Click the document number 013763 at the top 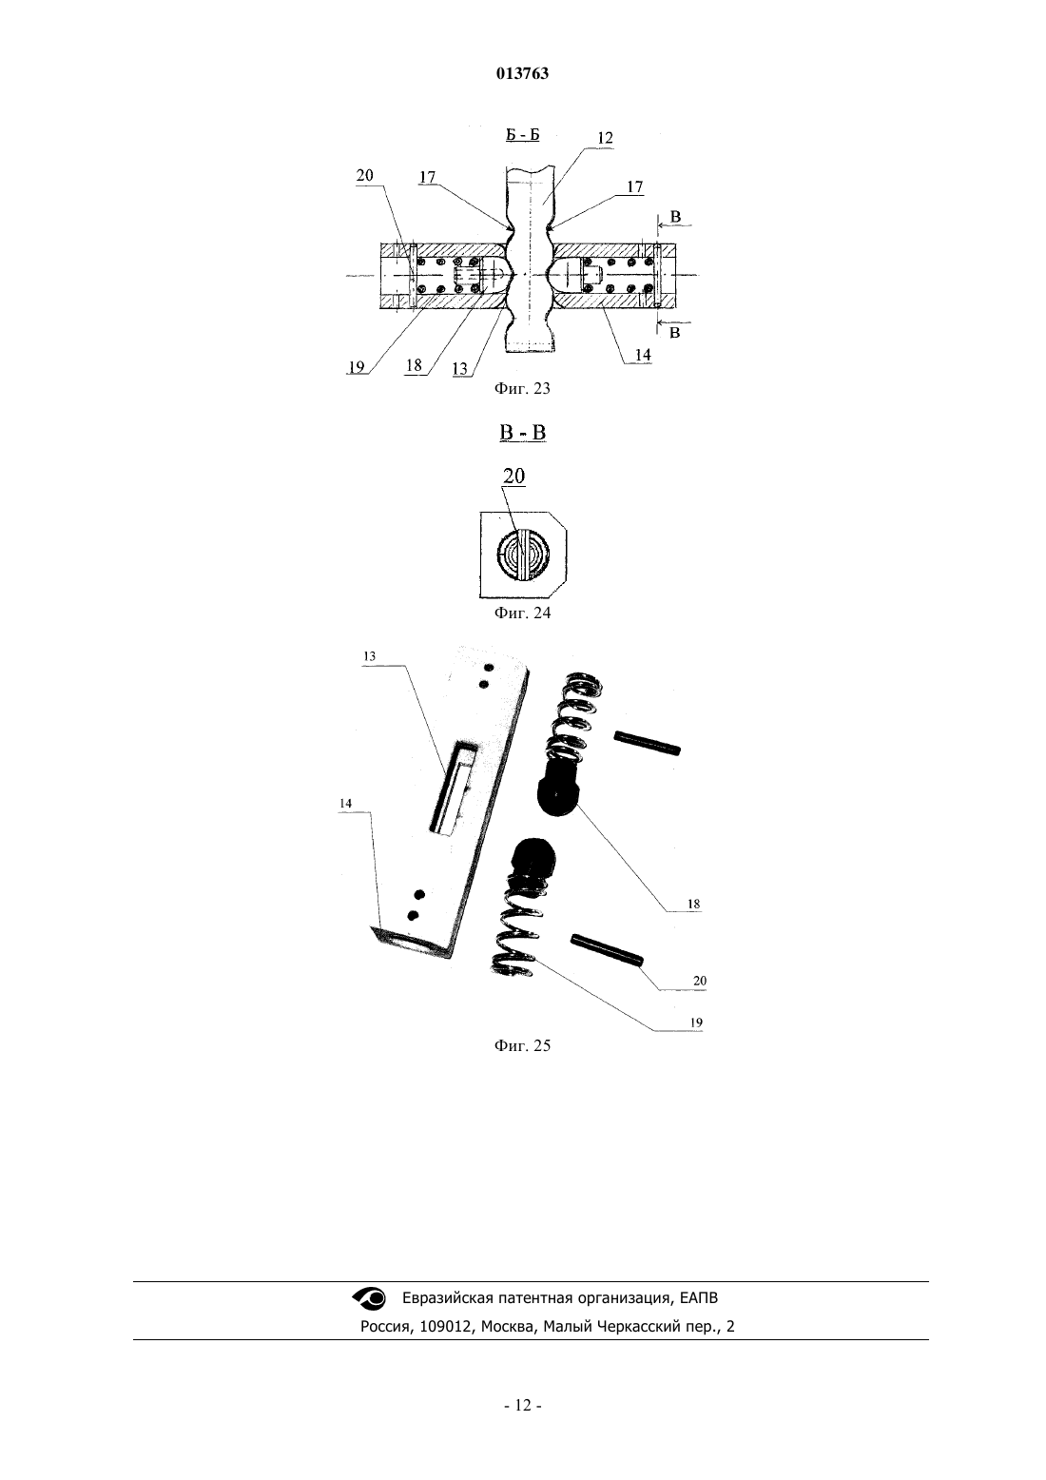click(x=522, y=74)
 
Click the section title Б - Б click(x=522, y=135)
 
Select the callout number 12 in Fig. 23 click(x=605, y=138)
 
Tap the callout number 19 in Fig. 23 click(x=357, y=367)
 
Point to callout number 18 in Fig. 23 click(x=414, y=365)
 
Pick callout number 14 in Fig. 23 click(x=643, y=355)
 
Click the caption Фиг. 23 click(x=522, y=388)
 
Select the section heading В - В click(x=522, y=433)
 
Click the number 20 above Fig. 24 click(x=513, y=476)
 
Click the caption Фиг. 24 click(x=522, y=613)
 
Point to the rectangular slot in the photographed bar click(x=454, y=788)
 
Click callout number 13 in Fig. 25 click(x=369, y=656)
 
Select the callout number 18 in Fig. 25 click(x=693, y=904)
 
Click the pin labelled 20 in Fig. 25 click(x=608, y=948)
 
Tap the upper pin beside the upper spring click(x=648, y=743)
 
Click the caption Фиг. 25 click(x=522, y=1046)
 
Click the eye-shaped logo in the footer click(x=369, y=1297)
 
